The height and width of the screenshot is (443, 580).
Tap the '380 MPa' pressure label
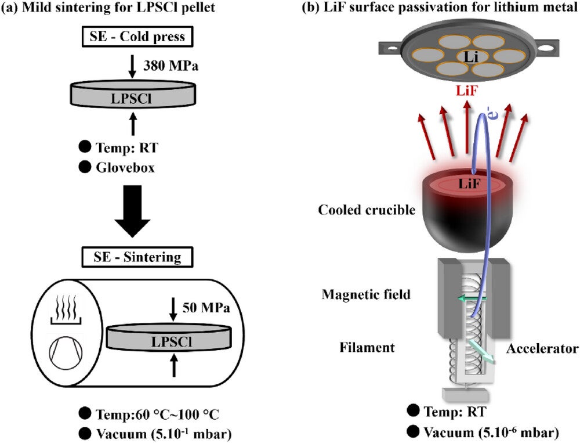point(171,66)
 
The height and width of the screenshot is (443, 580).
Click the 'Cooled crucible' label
point(367,210)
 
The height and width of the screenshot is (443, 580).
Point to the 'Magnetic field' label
point(367,294)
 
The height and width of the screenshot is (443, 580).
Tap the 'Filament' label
point(367,348)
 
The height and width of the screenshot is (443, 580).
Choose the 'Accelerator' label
point(542,348)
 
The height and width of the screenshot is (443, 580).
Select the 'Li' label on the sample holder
point(470,56)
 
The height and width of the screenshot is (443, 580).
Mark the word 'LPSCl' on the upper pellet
point(132,98)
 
